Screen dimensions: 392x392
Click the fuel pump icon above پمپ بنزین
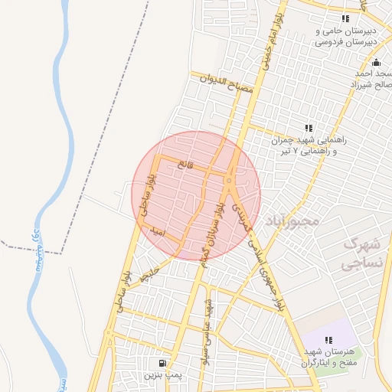click(162, 363)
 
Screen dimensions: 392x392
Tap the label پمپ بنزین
click(162, 377)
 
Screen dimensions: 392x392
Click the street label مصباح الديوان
click(227, 83)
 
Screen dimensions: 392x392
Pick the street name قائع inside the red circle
click(186, 165)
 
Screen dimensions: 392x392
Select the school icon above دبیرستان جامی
click(346, 18)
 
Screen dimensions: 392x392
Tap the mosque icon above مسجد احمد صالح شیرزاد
click(375, 63)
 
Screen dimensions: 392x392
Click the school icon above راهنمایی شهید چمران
click(309, 128)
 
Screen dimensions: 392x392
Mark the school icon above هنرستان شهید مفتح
click(328, 340)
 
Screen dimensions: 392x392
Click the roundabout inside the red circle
click(230, 181)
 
